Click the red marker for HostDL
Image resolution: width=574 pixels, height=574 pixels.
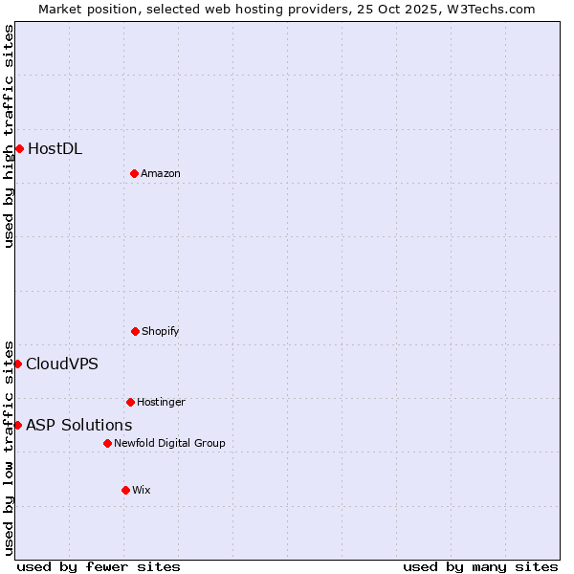[x=19, y=148]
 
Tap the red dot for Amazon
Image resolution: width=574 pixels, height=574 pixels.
[x=134, y=173]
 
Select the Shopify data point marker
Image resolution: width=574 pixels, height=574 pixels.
[x=135, y=331]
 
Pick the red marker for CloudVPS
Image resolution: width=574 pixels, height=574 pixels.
[x=17, y=364]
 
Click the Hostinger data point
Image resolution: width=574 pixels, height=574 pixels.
[x=130, y=402]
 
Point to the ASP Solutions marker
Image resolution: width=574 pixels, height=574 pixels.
[x=17, y=425]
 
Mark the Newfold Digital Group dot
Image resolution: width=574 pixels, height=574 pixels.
[x=107, y=443]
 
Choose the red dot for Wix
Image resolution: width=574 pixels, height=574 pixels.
[x=125, y=490]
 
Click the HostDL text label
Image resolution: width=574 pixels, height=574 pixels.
[x=55, y=148]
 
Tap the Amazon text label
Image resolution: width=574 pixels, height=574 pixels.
[x=161, y=173]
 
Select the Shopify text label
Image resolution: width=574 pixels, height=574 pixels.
[x=161, y=331]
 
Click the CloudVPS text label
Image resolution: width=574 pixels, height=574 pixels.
[x=62, y=364]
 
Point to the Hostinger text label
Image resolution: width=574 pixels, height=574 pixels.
[x=161, y=402]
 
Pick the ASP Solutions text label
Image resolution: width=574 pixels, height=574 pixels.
[x=79, y=425]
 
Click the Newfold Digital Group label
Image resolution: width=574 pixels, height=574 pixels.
[x=169, y=443]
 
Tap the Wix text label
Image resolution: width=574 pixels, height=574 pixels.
[x=142, y=490]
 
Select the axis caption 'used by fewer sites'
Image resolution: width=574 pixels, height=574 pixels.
[x=99, y=566]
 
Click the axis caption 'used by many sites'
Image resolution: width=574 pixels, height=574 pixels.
[x=480, y=566]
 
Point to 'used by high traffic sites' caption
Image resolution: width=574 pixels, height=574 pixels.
[x=9, y=136]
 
